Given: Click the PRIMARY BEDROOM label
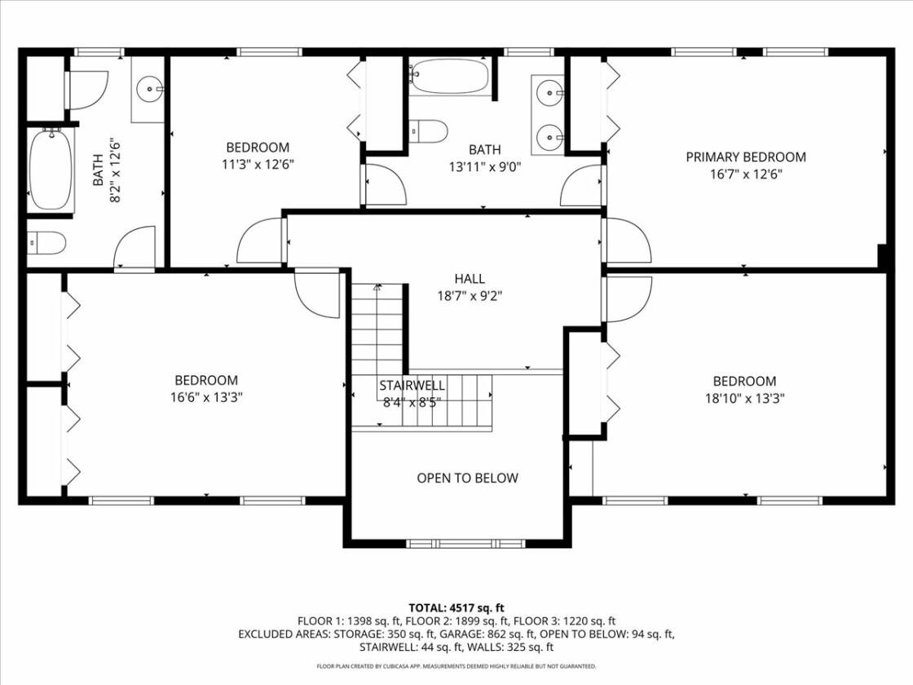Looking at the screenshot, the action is pyautogui.click(x=745, y=157).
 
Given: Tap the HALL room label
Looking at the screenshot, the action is pyautogui.click(x=470, y=278).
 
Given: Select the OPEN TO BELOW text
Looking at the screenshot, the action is pyautogui.click(x=467, y=478).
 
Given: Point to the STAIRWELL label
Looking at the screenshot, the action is pyautogui.click(x=412, y=385).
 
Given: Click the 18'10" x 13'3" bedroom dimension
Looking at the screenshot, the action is pyautogui.click(x=745, y=399).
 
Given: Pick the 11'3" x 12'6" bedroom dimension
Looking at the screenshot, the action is pyautogui.click(x=258, y=164).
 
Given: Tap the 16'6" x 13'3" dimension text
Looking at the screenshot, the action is pyautogui.click(x=206, y=397).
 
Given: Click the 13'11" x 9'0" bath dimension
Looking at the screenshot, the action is pyautogui.click(x=484, y=167).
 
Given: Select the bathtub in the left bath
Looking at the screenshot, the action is pyautogui.click(x=51, y=170).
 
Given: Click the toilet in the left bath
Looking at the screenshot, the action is pyautogui.click(x=46, y=243).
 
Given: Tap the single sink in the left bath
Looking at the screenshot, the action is pyautogui.click(x=150, y=90).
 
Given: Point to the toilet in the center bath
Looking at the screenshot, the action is pyautogui.click(x=427, y=131).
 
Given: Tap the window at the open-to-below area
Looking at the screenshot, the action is pyautogui.click(x=465, y=543).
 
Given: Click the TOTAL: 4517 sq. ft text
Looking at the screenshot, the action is pyautogui.click(x=456, y=608).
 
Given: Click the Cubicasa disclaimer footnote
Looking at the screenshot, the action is pyautogui.click(x=456, y=665).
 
